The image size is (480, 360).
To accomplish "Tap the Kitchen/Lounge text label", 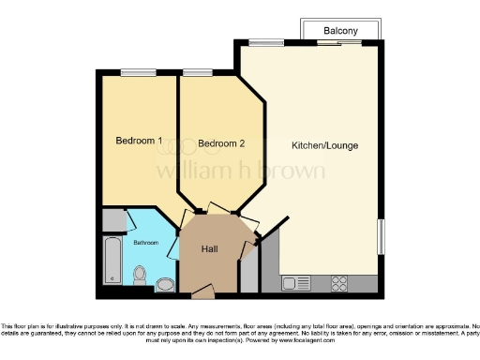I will pyautogui.click(x=325, y=145).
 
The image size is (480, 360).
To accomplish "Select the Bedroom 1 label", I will pyautogui.click(x=139, y=141).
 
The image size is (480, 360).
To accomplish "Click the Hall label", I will pyautogui.click(x=211, y=248).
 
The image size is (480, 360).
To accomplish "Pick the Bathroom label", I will pyautogui.click(x=145, y=243).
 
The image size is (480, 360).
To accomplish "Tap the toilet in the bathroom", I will pyautogui.click(x=140, y=275).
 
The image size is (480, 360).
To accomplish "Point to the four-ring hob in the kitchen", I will pyautogui.click(x=339, y=281).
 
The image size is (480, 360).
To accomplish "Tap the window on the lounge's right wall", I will pyautogui.click(x=381, y=233).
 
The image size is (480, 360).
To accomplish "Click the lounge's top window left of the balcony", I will pyautogui.click(x=267, y=42).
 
